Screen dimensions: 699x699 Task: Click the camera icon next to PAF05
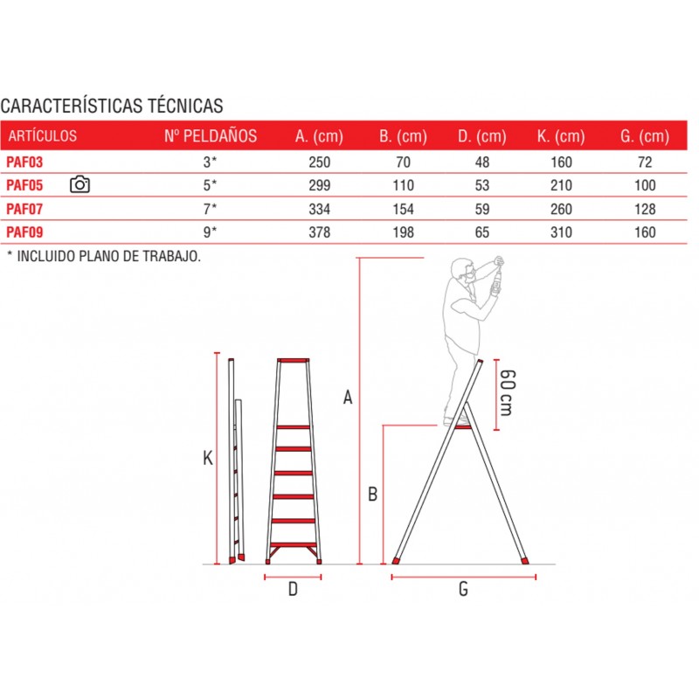80,184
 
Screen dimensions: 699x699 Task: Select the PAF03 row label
24,162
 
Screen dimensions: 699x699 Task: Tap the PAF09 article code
24,232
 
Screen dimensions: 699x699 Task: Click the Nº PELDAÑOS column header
211,135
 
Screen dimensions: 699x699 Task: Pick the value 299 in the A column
320,185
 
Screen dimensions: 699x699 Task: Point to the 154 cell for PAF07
403,209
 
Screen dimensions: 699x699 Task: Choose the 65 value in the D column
482,232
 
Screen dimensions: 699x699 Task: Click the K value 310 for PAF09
561,232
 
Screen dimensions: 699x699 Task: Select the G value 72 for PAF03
645,162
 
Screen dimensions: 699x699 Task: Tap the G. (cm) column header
645,136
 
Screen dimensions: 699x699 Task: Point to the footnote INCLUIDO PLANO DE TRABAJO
108,256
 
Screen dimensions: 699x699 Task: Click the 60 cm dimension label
508,392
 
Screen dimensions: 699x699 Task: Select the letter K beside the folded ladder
208,458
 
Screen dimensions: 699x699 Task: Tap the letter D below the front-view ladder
293,589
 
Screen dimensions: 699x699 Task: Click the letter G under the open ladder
464,589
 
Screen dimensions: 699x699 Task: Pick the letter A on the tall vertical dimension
348,397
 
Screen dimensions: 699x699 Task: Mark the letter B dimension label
373,494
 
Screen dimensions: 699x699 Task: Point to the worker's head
462,270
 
